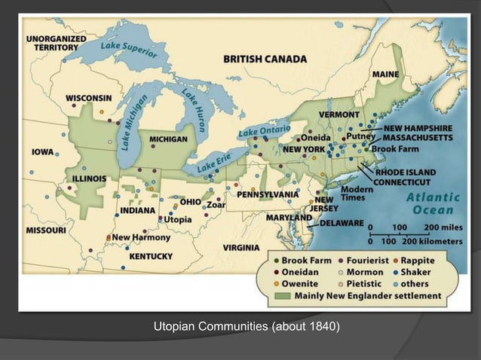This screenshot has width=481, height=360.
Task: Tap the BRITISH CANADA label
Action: pyautogui.click(x=265, y=58)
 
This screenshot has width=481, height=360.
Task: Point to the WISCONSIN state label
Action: pyautogui.click(x=89, y=99)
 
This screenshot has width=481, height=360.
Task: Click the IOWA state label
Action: pyautogui.click(x=42, y=151)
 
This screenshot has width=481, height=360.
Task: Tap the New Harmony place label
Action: pyautogui.click(x=141, y=237)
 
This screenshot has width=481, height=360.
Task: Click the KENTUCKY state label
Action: pyautogui.click(x=152, y=256)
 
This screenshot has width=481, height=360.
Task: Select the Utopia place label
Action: pyautogui.click(x=179, y=219)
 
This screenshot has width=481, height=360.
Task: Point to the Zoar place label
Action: pyautogui.click(x=216, y=204)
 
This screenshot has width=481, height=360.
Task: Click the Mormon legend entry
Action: pyautogui.click(x=364, y=272)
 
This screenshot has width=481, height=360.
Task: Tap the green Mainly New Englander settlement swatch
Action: pyautogui.click(x=283, y=296)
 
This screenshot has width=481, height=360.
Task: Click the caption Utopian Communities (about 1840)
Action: pyautogui.click(x=247, y=327)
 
